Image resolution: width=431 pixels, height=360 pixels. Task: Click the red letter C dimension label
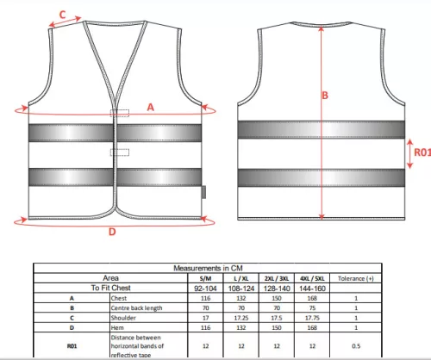(x=62, y=15)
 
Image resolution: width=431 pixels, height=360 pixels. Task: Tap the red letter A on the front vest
(x=151, y=108)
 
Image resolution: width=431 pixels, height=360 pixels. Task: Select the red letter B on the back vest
(x=325, y=96)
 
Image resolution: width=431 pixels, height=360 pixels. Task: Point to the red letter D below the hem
(x=112, y=232)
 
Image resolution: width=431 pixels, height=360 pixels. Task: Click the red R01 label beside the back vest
(x=422, y=152)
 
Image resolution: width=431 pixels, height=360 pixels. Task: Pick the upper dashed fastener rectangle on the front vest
(x=120, y=113)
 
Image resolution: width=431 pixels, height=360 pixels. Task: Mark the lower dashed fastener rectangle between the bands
(x=120, y=152)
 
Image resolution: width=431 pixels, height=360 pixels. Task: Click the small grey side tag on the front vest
(x=203, y=192)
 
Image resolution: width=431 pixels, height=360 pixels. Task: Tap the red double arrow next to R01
(x=410, y=153)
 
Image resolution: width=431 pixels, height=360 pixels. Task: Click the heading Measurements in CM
(x=208, y=268)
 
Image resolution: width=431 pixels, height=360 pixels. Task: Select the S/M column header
(x=205, y=278)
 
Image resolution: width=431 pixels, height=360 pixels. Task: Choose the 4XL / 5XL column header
(x=312, y=278)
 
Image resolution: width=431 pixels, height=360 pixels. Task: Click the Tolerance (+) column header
(x=356, y=278)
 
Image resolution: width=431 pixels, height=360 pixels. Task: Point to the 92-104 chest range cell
(x=205, y=289)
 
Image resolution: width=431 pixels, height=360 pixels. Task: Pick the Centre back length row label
(x=137, y=308)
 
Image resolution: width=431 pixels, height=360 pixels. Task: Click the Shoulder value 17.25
(x=241, y=318)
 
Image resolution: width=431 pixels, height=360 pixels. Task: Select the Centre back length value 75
(x=312, y=308)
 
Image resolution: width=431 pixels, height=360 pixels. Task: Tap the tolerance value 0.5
(x=356, y=346)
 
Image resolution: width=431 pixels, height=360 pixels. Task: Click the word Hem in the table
(x=117, y=327)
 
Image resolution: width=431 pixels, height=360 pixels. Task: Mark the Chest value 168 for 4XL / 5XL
(x=312, y=298)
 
